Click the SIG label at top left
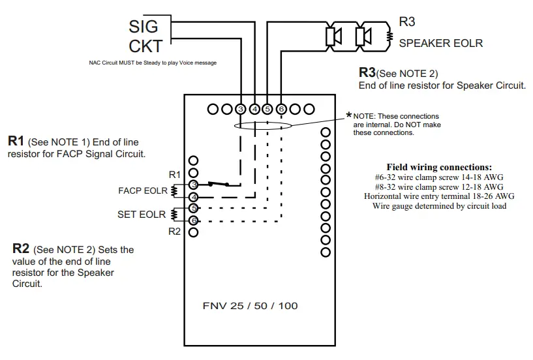pos(144,27)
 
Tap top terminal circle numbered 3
pos(241,108)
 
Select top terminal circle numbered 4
pos(254,108)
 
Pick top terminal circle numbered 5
pos(267,108)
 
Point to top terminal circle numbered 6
pos(281,108)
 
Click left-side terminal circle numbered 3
pos(193,185)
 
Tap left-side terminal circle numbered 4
pos(193,197)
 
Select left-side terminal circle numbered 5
pos(193,209)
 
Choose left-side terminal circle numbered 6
pos(193,220)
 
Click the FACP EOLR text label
pos(142,191)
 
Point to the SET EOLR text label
pos(142,214)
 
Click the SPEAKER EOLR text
pos(440,43)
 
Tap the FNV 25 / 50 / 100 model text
pos(250,305)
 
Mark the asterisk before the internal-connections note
pos(349,115)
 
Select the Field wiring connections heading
pos(439,168)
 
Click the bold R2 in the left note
pos(21,248)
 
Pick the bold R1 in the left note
pos(16,141)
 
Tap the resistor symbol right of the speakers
pos(389,36)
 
